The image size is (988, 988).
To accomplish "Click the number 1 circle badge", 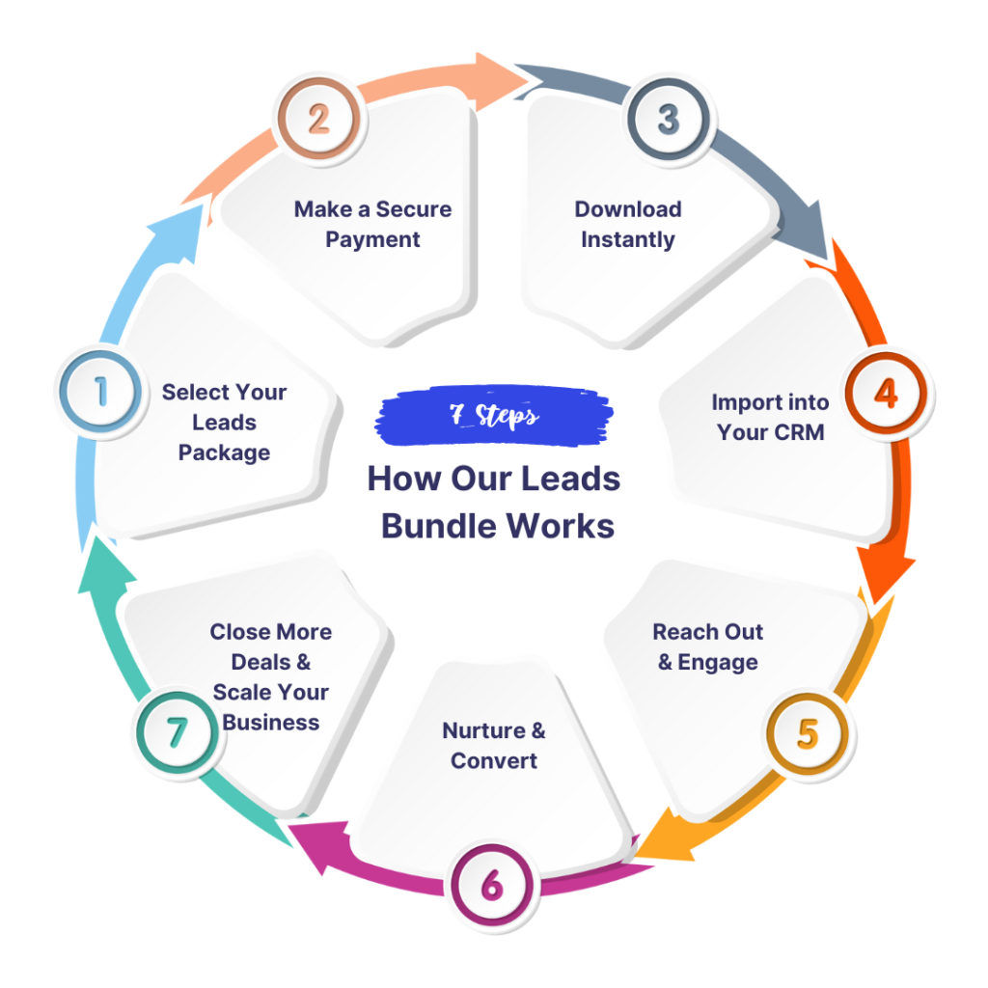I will click(x=99, y=391).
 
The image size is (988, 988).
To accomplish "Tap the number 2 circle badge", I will click(x=318, y=120).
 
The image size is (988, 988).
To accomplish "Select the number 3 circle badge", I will click(x=668, y=120).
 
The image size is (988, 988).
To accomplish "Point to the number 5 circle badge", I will click(x=808, y=733).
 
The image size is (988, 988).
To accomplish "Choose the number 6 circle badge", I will click(x=492, y=884).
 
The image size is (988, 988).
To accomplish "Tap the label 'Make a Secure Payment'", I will click(x=372, y=224).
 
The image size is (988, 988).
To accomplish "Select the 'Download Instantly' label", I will click(x=628, y=224).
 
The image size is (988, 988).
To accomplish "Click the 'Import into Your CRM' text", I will click(x=770, y=417).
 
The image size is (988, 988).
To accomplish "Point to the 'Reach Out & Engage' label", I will click(x=708, y=646).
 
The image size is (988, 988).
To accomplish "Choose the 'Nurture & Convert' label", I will click(x=494, y=745).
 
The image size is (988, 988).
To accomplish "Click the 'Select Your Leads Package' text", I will click(x=224, y=422).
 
